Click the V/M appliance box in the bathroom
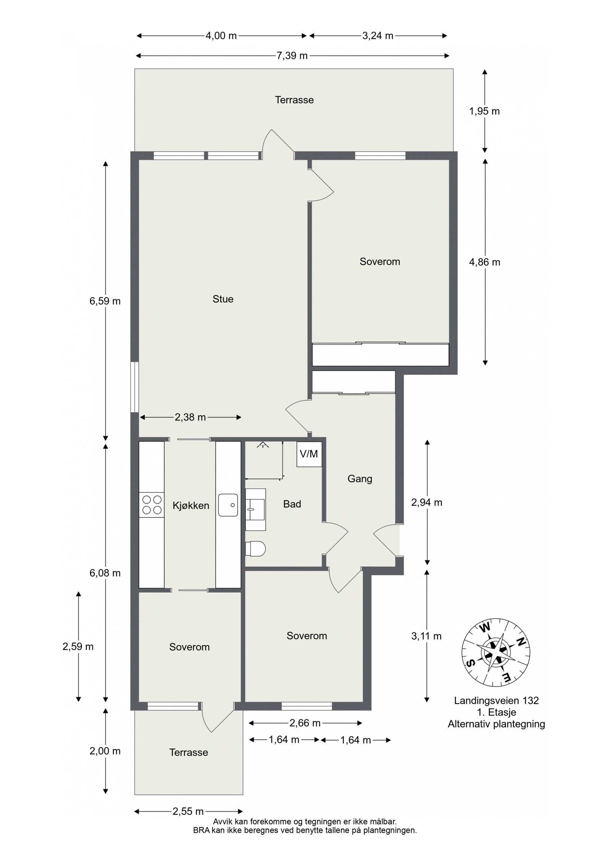[309, 454]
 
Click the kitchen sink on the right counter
[228, 505]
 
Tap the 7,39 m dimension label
[292, 56]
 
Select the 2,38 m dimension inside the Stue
[190, 417]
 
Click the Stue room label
[223, 299]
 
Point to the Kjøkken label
[191, 505]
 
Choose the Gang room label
[360, 479]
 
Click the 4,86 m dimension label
[485, 262]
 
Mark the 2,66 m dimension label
[305, 723]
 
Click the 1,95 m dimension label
[484, 111]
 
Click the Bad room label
[292, 504]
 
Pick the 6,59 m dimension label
[105, 301]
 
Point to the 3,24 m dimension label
[378, 36]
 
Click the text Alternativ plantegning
[496, 724]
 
